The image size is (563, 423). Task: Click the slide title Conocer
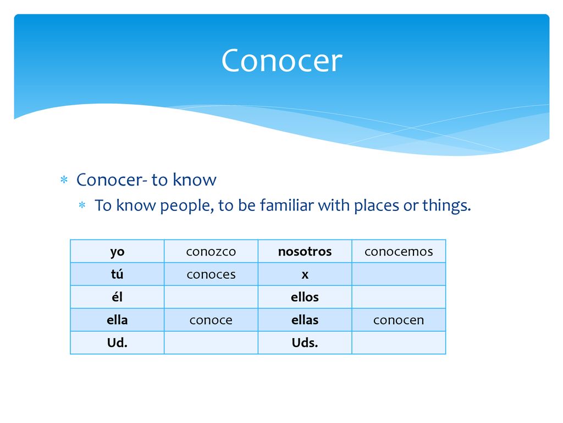coord(282,61)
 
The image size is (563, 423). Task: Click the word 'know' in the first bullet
coord(195,180)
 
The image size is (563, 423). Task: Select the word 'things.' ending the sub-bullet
coord(446,206)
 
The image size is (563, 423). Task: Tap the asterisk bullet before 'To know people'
coord(82,205)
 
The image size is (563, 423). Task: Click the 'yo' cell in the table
coord(118,251)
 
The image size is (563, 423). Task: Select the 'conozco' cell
coord(211,251)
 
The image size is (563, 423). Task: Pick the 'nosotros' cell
coord(305,251)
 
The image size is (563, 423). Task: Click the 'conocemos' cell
coord(399,251)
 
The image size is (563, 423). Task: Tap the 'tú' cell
coord(118,274)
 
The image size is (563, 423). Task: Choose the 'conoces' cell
coord(211,274)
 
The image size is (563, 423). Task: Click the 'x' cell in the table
coord(305,274)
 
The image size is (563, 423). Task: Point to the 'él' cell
coord(118,297)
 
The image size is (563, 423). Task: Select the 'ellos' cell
coord(305,297)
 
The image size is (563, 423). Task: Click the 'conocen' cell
coord(399,320)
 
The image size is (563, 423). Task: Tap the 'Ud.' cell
coord(118,343)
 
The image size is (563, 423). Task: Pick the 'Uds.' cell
coord(305,343)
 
